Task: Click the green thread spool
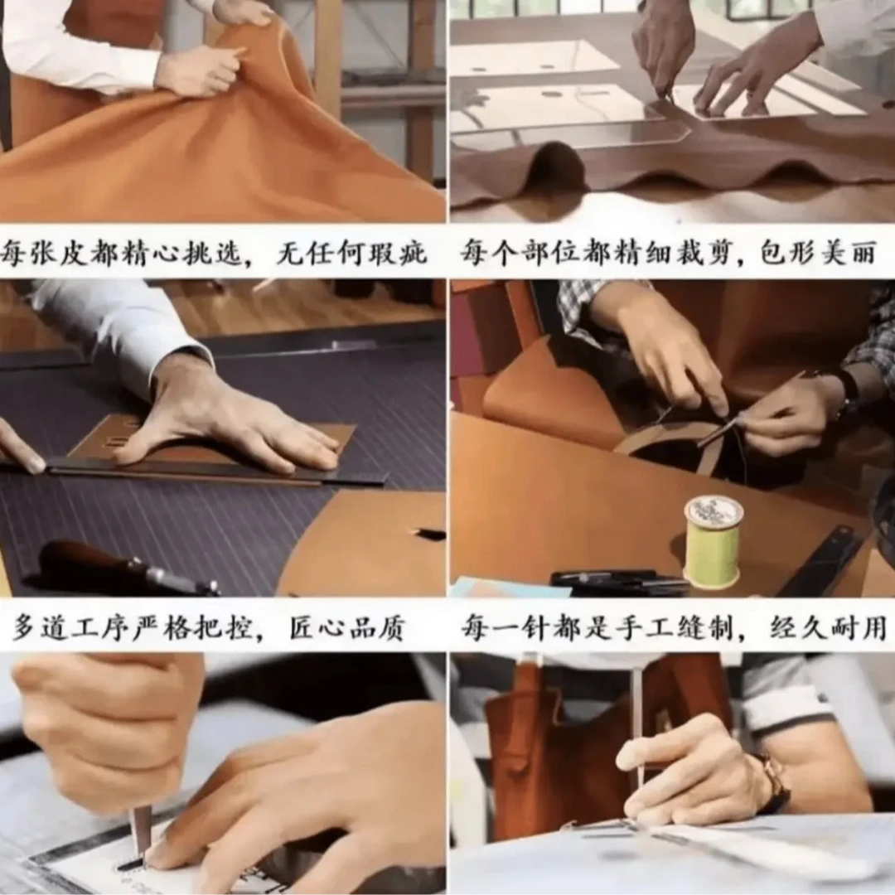click(x=714, y=542)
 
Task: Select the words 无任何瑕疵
click(x=351, y=252)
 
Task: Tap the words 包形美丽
click(x=818, y=252)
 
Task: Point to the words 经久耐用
click(x=828, y=628)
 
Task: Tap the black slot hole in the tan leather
click(x=428, y=533)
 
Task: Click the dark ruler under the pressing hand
click(x=211, y=472)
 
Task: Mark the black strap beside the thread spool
click(x=822, y=562)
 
